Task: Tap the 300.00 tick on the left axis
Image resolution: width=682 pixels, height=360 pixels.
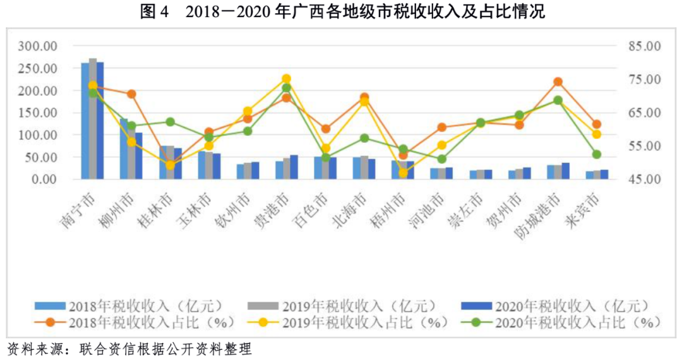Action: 37,47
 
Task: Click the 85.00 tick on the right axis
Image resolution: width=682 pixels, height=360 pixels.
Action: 643,47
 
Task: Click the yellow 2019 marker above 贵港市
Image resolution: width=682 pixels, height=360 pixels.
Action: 286,79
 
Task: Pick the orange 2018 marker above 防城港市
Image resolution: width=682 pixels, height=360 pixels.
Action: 558,82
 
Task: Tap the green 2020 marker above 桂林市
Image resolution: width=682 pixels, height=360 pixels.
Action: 170,122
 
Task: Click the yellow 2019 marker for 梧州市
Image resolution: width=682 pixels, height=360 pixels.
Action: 403,172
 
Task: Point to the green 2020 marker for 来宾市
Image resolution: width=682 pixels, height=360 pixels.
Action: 596,154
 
